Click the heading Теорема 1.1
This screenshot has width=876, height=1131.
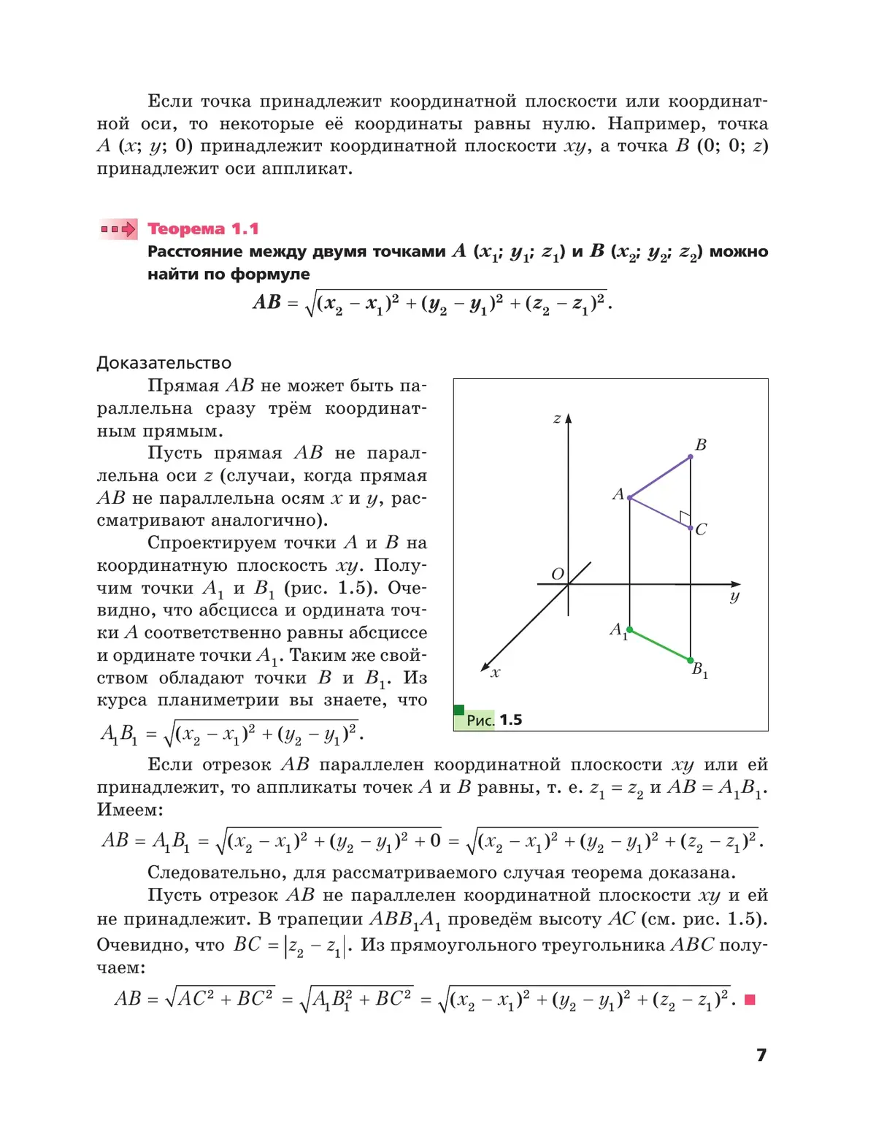203,229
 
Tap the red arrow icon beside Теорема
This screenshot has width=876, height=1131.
119,229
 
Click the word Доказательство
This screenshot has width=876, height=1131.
164,363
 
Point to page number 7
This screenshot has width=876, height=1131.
761,1054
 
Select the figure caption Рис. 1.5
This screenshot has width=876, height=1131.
494,720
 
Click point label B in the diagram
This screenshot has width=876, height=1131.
701,445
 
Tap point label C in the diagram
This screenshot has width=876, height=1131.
702,529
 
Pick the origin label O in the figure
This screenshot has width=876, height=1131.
558,574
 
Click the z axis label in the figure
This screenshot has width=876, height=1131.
557,418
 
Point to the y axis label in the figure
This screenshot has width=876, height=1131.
734,597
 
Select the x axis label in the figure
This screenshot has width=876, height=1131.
496,673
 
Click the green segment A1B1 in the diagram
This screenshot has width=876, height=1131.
660,645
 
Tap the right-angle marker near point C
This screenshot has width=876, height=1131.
685,518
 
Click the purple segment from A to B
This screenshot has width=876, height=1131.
660,478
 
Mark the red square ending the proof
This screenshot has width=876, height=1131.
749,1000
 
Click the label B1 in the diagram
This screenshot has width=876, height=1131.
699,670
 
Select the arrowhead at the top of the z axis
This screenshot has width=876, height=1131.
569,419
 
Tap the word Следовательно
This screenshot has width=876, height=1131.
217,873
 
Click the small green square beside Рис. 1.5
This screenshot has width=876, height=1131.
459,710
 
